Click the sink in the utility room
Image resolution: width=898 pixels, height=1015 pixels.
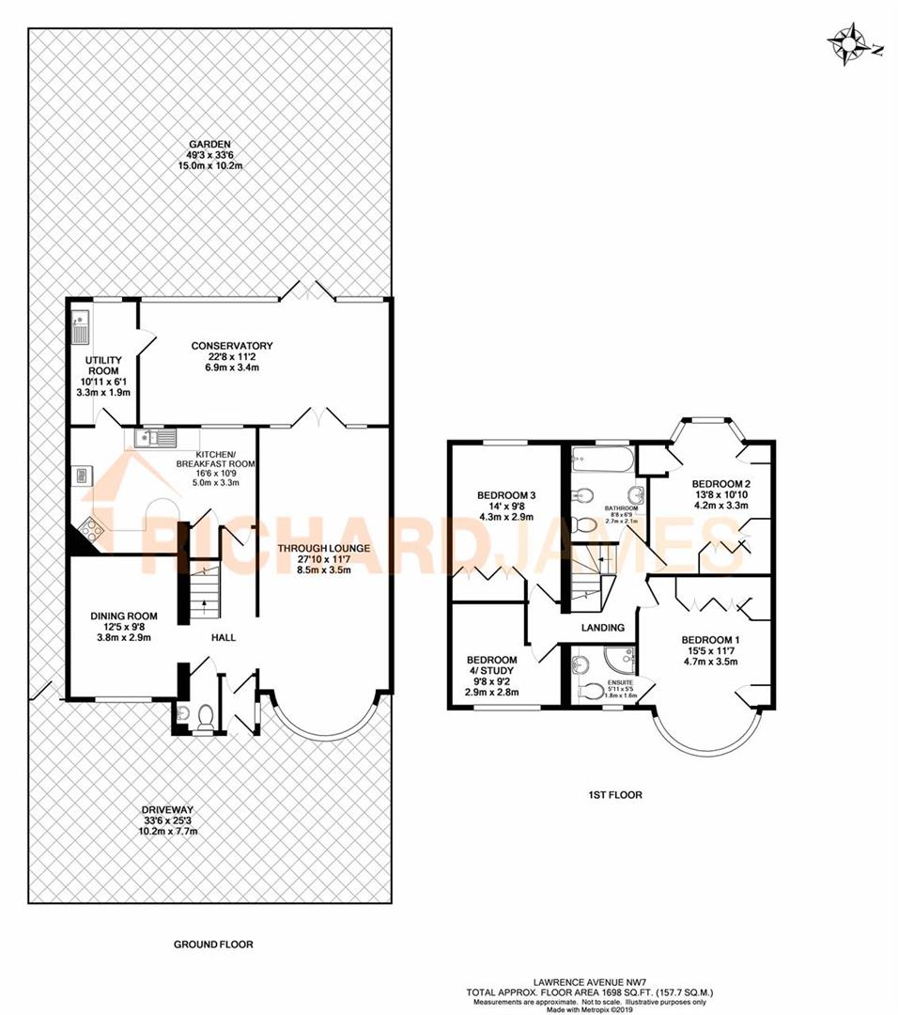[x=79, y=329]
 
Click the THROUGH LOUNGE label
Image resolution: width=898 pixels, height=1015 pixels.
[x=322, y=549]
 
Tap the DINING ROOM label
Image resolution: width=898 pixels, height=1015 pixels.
[x=123, y=616]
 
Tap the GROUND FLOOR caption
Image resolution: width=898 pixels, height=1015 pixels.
[x=213, y=945]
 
